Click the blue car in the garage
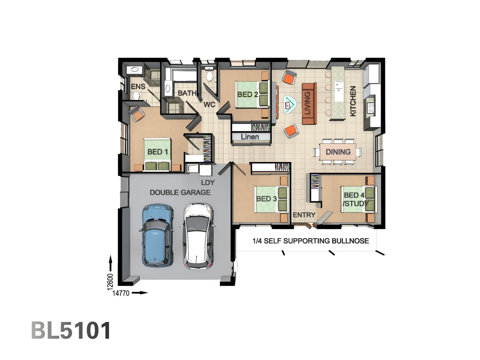click(x=158, y=236)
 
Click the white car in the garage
click(x=198, y=236)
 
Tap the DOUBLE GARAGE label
click(x=180, y=192)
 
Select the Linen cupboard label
click(x=250, y=137)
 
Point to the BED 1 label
click(x=158, y=152)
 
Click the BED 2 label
click(x=248, y=94)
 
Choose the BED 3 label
click(x=266, y=199)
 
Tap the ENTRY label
click(x=304, y=215)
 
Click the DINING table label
click(x=338, y=152)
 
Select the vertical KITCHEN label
click(x=353, y=101)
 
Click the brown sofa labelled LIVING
click(x=309, y=103)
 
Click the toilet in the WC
click(x=210, y=76)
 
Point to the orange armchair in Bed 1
click(x=137, y=114)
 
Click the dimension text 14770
click(x=121, y=293)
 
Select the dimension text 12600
click(x=110, y=282)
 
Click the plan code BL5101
click(x=71, y=330)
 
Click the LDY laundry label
click(x=208, y=183)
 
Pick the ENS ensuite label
click(x=138, y=87)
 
